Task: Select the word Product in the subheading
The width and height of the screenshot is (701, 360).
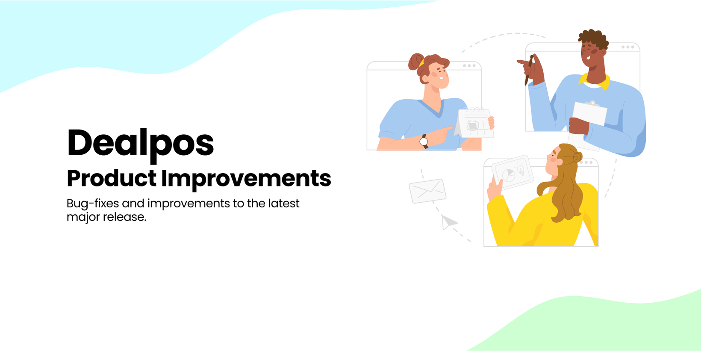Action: click(112, 178)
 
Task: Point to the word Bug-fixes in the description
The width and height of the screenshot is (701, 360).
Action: click(93, 204)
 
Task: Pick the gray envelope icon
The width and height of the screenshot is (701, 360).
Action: click(427, 191)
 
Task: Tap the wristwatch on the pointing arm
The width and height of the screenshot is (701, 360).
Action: click(424, 142)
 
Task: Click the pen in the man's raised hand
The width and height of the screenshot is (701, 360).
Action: click(529, 70)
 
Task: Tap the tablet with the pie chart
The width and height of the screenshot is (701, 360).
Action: click(512, 172)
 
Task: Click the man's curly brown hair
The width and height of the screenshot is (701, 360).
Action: click(593, 39)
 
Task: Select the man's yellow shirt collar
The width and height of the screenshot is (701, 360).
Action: click(595, 81)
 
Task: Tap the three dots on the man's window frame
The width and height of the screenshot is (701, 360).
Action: click(628, 47)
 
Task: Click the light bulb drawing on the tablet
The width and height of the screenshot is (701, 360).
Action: click(521, 170)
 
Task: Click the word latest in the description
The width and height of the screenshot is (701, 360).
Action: click(284, 204)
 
